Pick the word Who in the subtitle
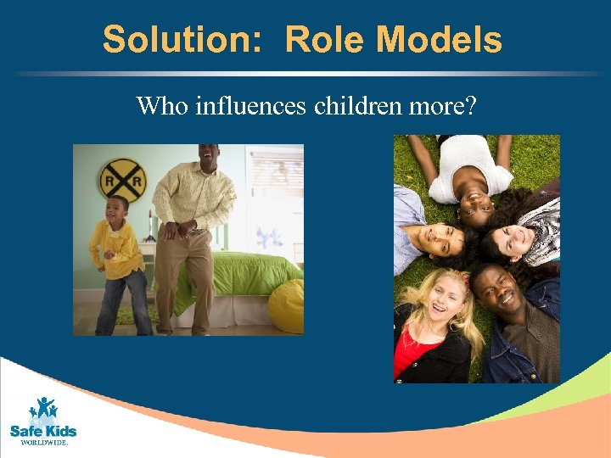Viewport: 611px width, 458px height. (163, 106)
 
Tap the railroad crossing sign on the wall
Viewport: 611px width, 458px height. (123, 179)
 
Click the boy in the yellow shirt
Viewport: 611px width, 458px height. (119, 254)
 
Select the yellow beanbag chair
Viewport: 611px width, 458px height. (287, 305)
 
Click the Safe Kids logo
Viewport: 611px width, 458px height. (42, 416)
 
